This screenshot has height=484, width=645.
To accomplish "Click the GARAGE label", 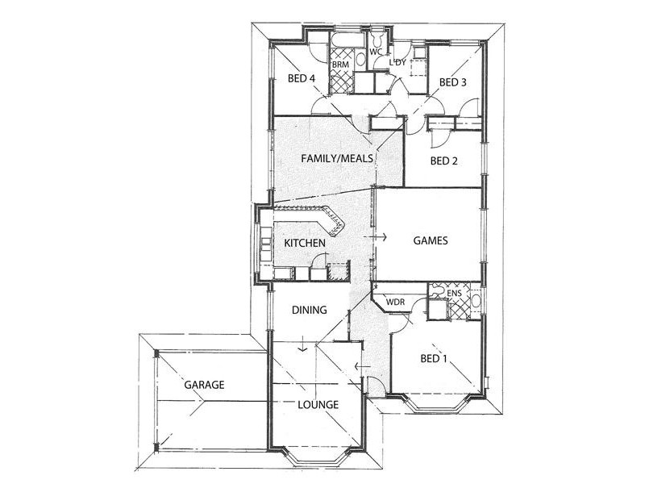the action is tap(204, 385).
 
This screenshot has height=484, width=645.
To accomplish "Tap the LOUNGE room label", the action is tap(318, 405).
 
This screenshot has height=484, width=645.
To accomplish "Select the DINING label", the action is tap(310, 310).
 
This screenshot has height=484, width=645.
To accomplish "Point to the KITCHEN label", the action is tap(305, 244).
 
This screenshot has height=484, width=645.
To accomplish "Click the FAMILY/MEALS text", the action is tap(337, 158).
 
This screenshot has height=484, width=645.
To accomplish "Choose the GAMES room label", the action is tap(431, 240).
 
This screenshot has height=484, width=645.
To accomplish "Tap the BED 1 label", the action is tap(434, 358).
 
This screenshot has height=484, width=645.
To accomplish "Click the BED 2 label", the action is tap(444, 161).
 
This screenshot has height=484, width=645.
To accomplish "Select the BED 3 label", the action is tap(453, 82).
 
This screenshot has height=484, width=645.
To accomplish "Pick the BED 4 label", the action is tap(302, 78).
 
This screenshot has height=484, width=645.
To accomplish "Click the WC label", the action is tap(376, 52).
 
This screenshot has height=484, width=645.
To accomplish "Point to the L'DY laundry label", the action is tap(397, 63).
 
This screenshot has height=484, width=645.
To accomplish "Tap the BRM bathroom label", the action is tap(340, 65).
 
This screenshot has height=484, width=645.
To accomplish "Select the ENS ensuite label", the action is tap(454, 294).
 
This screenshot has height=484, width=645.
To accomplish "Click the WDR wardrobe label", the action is tap(395, 302).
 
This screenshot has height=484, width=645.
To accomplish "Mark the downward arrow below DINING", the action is tap(303, 344).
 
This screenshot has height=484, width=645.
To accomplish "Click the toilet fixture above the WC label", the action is tap(377, 39).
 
